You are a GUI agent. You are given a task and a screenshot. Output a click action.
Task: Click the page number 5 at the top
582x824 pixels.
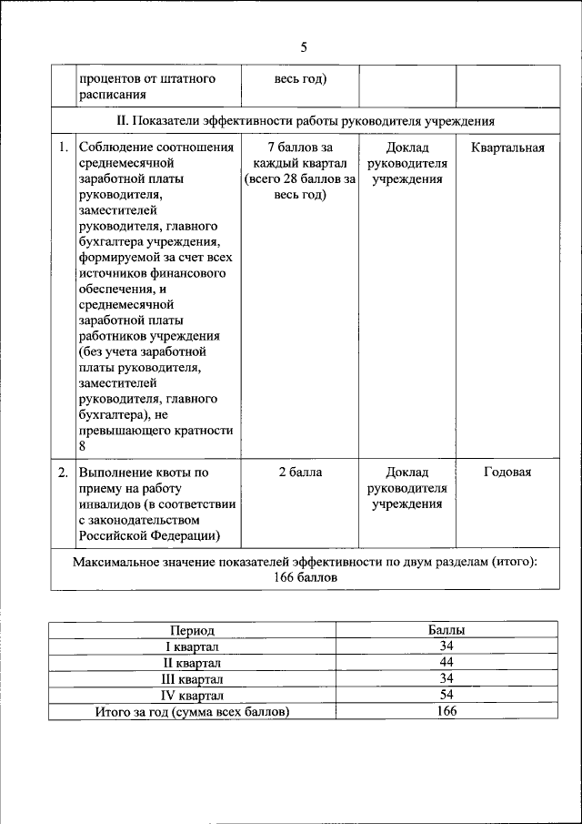point(305,47)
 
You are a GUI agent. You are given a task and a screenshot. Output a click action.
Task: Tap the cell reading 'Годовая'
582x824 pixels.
point(507,472)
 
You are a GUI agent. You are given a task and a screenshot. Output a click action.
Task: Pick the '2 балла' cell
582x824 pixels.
point(299,472)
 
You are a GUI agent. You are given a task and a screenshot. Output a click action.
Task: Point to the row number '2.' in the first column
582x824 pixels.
point(63,472)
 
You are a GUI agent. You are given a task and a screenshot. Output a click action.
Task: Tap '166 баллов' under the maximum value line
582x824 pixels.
point(305,578)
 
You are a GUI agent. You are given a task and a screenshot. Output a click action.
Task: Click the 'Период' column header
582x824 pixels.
point(192,630)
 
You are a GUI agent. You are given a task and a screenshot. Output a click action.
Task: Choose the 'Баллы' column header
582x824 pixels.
point(446,630)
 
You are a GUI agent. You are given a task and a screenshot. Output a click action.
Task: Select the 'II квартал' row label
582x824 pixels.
point(192,663)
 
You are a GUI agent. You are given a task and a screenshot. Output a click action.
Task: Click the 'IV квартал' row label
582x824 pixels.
point(192,696)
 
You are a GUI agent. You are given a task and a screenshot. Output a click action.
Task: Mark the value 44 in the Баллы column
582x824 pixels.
point(446,662)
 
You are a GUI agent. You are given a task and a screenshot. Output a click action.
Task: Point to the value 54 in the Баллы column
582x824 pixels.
point(446,695)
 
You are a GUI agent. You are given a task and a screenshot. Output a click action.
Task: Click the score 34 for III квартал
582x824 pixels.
point(446,678)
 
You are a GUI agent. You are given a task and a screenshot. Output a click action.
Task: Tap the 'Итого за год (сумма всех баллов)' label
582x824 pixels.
point(192,712)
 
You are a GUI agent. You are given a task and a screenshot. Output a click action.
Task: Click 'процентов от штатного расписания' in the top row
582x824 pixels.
point(145,86)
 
